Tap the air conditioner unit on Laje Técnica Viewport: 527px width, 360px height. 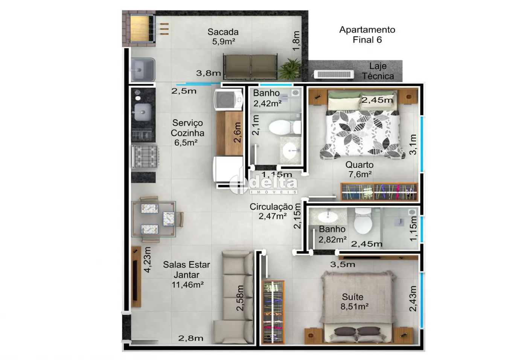pos(334,75)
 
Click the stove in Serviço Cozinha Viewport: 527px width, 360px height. pos(145,156)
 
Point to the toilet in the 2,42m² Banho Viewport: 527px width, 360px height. pos(285,127)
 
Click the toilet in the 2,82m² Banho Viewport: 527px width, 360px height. pos(363,220)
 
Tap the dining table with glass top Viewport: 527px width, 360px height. pos(154,219)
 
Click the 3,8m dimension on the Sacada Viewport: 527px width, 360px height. pos(209,73)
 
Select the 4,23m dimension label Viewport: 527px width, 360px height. pos(147,260)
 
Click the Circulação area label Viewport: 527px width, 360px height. pos(271,207)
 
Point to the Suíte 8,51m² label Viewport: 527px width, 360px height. pos(354,302)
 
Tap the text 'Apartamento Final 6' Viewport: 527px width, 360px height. pos(367,35)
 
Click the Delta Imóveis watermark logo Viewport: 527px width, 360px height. pos(263,184)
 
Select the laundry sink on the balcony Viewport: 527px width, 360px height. pos(143,70)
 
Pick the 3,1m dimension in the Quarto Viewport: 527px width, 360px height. pos(413,144)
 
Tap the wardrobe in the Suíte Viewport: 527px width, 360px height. pos(273,312)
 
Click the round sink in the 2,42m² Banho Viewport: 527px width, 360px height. pos(290,150)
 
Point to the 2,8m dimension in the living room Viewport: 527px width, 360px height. pos(190,338)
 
